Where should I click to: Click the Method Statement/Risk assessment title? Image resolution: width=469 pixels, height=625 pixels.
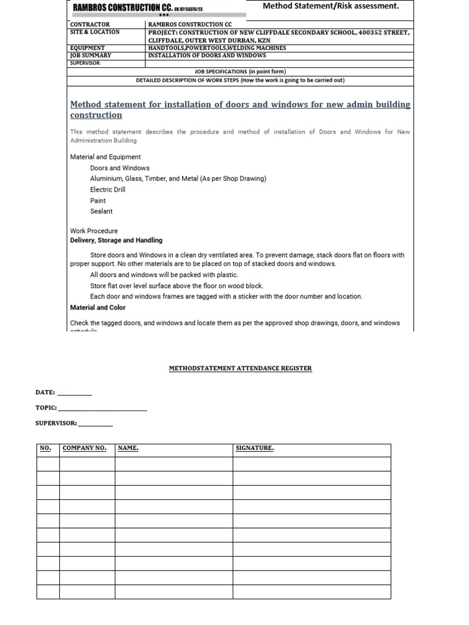click(x=330, y=6)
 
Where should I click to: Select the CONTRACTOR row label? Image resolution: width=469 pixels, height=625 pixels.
click(x=90, y=24)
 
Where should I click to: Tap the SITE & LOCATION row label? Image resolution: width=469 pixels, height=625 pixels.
click(x=95, y=32)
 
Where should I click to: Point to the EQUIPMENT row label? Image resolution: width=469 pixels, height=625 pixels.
click(x=87, y=48)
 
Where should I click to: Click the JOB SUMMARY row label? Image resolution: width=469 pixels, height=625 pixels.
click(x=90, y=55)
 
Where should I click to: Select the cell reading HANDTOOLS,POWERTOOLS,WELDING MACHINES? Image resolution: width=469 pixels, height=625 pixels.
click(x=217, y=48)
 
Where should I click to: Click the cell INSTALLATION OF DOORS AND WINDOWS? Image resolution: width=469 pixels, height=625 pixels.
click(x=207, y=55)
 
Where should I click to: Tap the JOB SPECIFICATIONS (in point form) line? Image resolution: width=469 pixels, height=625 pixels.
click(x=240, y=71)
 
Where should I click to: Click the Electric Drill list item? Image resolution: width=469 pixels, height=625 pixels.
click(x=108, y=190)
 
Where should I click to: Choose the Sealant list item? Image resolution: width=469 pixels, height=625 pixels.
click(x=101, y=211)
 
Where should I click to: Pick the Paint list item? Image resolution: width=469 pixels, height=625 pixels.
click(x=98, y=201)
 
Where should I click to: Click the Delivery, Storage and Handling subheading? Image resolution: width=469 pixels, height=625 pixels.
click(x=116, y=240)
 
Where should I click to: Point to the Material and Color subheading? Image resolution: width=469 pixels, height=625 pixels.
click(x=98, y=308)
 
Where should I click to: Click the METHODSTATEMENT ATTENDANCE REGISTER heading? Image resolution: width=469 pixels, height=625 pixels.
click(x=240, y=368)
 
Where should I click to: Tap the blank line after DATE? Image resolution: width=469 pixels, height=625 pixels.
click(x=75, y=393)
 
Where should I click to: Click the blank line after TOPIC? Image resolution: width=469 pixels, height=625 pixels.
click(x=103, y=408)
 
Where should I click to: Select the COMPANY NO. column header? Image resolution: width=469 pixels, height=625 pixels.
click(x=84, y=449)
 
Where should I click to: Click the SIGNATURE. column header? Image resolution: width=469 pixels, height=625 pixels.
click(x=255, y=449)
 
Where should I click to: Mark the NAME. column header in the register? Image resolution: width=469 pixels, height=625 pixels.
click(x=128, y=449)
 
